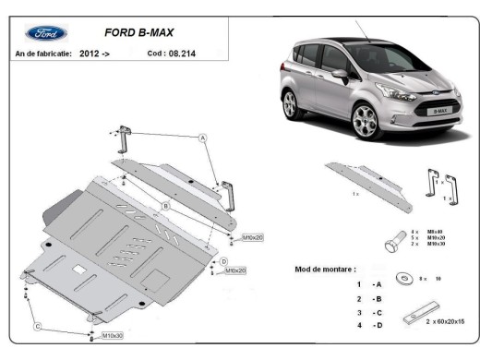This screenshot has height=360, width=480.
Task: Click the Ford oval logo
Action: pos(46,33)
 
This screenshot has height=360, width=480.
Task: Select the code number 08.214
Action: pos(180,54)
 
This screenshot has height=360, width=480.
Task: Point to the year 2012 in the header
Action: pos(90,54)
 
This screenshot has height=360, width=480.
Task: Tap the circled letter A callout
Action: pos(201,137)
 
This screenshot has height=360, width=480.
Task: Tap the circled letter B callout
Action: pos(164,205)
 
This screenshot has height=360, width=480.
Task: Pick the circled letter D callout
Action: pos(223,262)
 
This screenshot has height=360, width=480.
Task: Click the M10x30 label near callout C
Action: pos(113,335)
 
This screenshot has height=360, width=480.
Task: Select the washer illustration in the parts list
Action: pos(403,277)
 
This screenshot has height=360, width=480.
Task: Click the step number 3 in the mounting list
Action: pos(359,312)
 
